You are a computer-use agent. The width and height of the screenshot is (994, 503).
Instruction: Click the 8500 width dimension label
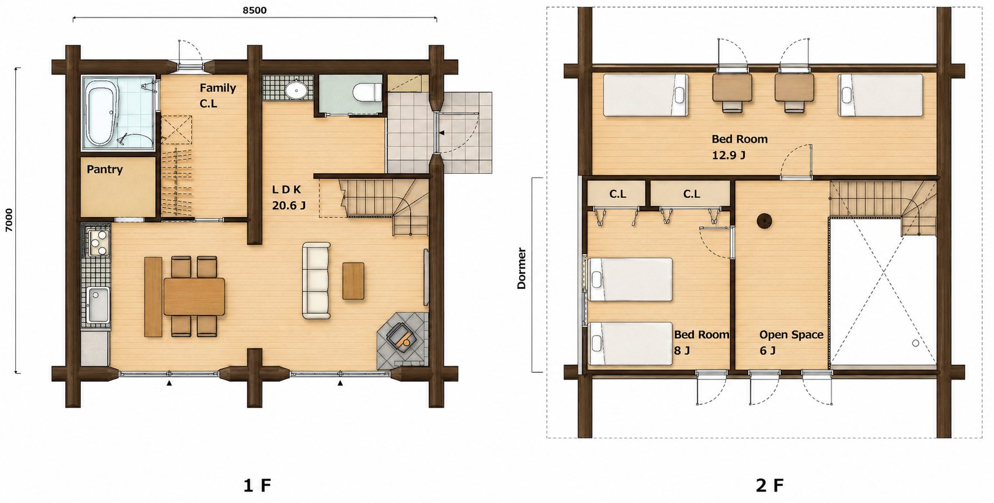[x=255, y=10]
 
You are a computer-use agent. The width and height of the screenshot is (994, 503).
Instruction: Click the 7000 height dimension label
[x=9, y=220]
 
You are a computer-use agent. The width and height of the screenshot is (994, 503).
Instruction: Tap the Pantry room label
[x=105, y=169]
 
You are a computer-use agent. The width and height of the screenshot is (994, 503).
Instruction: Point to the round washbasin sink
[x=296, y=89]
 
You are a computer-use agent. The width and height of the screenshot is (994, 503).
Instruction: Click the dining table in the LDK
[x=195, y=297]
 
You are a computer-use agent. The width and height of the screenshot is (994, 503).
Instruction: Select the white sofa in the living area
[x=316, y=281]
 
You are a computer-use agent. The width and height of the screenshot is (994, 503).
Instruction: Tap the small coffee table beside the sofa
[x=354, y=281]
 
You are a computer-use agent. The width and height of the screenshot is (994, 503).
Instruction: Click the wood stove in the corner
[x=401, y=337]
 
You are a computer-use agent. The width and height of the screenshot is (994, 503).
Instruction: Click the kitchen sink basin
[x=98, y=305]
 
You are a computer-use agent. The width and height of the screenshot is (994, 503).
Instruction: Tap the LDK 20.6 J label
[x=289, y=197]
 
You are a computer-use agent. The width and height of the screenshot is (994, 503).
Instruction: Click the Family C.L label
[x=218, y=95]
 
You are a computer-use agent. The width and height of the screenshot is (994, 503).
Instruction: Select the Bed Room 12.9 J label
[x=739, y=147]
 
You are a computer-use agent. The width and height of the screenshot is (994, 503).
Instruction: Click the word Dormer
[x=522, y=268]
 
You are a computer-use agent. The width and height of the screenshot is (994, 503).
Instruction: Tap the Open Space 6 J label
[x=791, y=342]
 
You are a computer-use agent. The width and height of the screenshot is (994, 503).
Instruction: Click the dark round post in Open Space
[x=765, y=222]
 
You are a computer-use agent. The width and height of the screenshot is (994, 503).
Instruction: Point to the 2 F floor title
[x=770, y=485]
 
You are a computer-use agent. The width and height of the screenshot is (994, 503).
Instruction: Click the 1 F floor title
[x=257, y=485]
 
